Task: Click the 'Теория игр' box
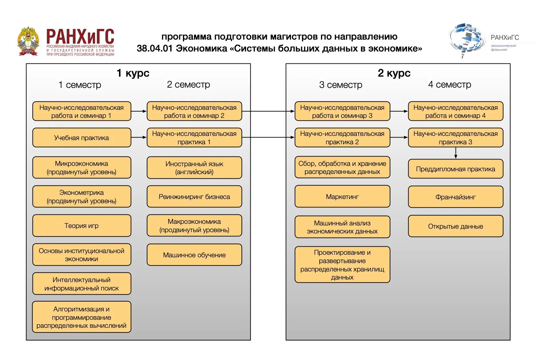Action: point(82,226)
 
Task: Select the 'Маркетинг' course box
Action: point(342,196)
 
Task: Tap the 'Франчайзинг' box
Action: point(455,197)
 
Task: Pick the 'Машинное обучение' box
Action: point(194,255)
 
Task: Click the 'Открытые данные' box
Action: point(455,226)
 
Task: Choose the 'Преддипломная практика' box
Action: point(455,169)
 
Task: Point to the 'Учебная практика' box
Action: point(82,138)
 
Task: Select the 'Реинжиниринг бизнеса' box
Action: point(194,197)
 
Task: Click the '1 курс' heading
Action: point(133,73)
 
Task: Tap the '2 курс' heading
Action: point(394,73)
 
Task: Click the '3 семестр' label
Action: point(341,85)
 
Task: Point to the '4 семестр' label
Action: point(449,84)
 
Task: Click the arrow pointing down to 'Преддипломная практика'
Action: point(456,153)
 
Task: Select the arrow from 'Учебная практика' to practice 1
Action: point(139,137)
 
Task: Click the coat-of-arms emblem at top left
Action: point(28,41)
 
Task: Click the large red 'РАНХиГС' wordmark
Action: point(80,36)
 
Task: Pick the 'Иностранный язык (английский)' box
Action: point(194,168)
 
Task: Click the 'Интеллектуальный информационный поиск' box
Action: point(82,284)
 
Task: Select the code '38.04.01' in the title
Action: point(155,49)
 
